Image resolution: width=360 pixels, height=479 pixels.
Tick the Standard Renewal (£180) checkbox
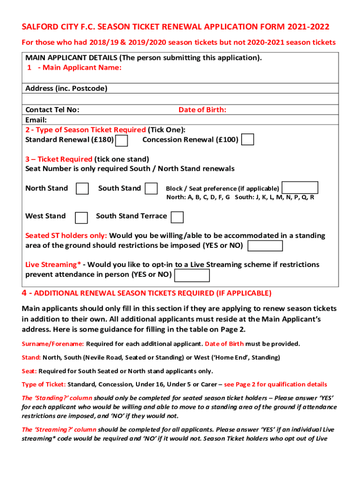[122, 140]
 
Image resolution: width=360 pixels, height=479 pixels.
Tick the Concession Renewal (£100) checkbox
[248, 140]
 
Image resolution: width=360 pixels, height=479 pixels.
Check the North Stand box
[82, 189]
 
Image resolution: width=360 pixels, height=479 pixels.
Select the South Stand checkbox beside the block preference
[151, 189]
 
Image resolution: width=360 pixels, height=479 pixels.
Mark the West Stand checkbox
[81, 218]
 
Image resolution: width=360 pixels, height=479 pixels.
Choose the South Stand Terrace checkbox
[177, 217]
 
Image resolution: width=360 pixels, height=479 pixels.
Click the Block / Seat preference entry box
[301, 188]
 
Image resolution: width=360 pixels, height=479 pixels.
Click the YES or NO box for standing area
[265, 246]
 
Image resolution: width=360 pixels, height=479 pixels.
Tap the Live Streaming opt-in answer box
[192, 276]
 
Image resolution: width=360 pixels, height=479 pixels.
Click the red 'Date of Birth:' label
[202, 110]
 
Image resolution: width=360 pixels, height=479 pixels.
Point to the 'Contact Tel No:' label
[52, 110]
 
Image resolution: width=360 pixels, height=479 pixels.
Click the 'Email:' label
[36, 120]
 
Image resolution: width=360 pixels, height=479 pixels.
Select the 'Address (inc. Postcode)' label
[66, 88]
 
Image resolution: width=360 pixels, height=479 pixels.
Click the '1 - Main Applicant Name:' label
[74, 68]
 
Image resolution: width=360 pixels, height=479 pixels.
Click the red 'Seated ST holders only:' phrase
[65, 236]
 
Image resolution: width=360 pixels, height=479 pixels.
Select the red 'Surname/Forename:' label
[53, 344]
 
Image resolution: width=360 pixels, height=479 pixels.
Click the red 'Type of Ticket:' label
[44, 385]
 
